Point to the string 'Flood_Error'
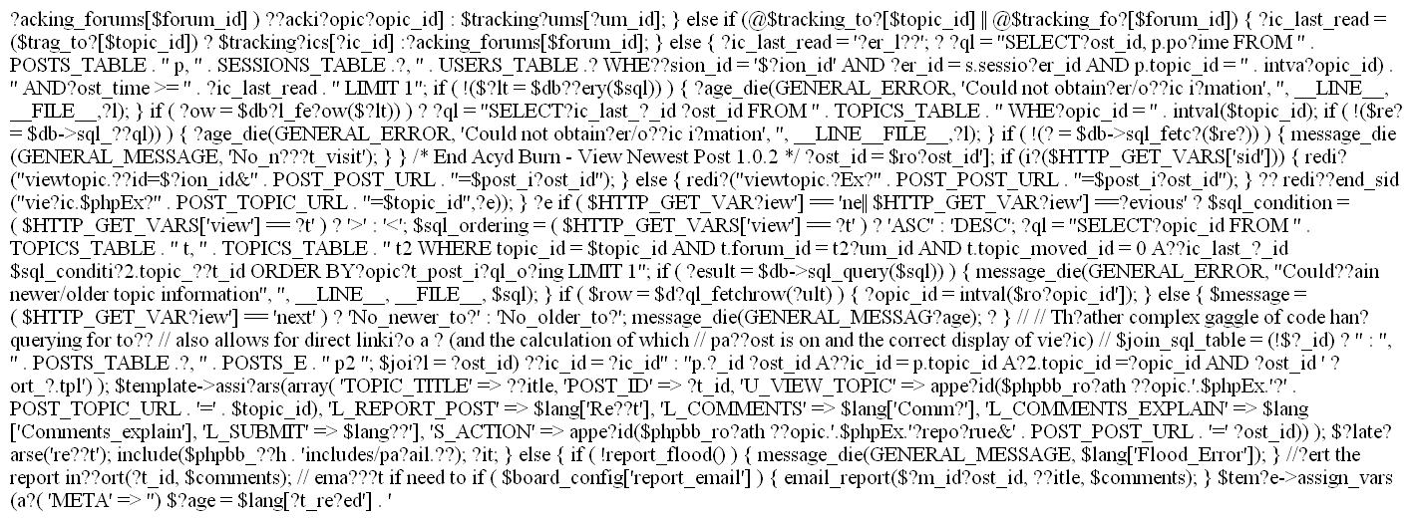[1156, 478]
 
